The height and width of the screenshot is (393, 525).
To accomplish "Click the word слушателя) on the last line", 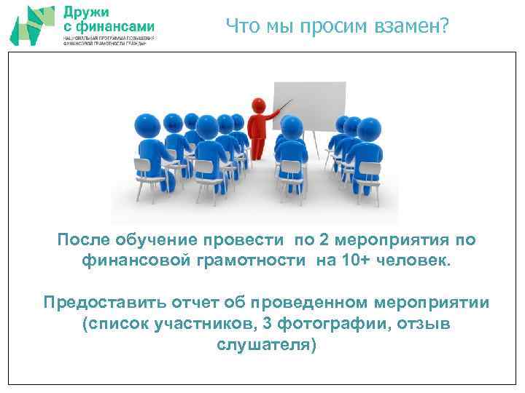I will (x=267, y=344).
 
